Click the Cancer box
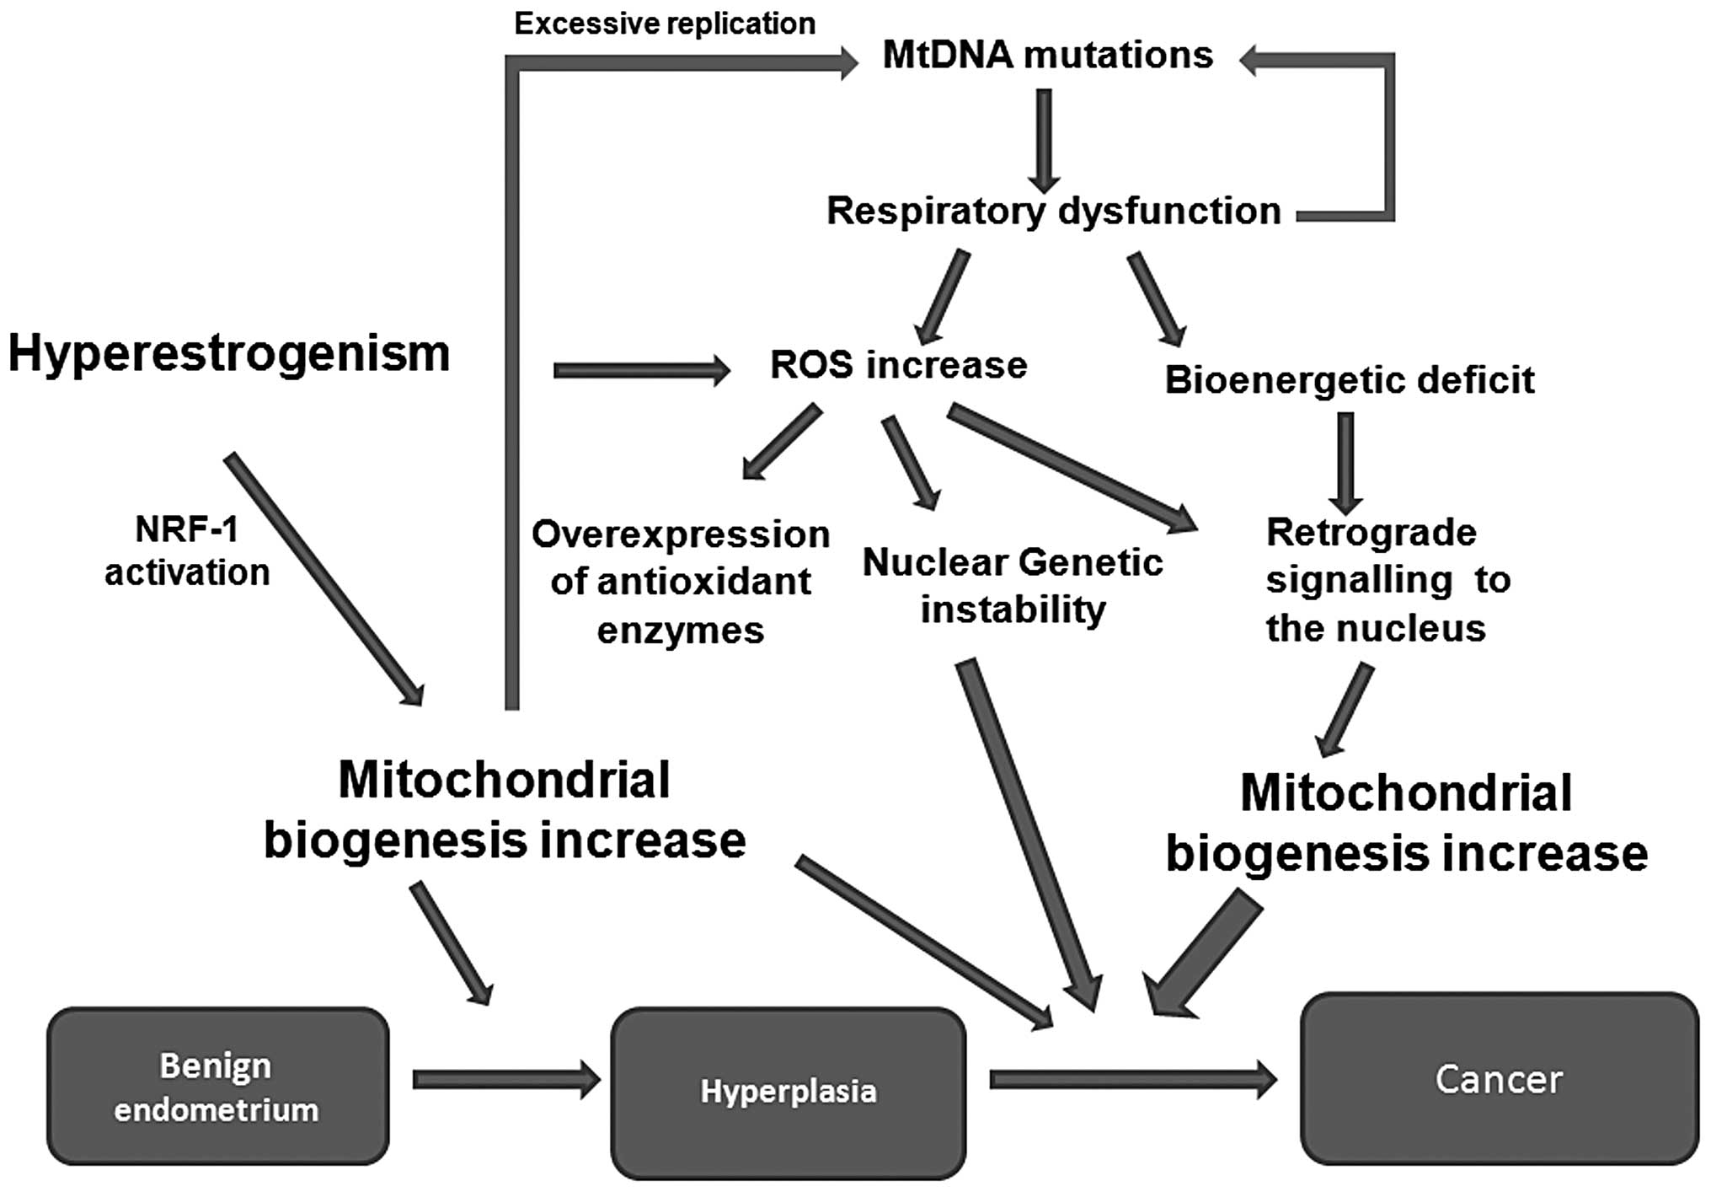click(x=1499, y=1080)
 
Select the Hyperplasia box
click(x=788, y=1092)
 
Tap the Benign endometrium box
click(x=217, y=1087)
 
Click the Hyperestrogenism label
click(x=229, y=353)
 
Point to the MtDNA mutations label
click(x=1047, y=56)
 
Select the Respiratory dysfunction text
click(x=1053, y=211)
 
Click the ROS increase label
click(x=898, y=365)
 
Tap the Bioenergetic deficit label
click(x=1349, y=380)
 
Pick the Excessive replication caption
click(x=665, y=24)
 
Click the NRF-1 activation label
click(x=187, y=551)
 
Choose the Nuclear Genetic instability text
click(x=1013, y=585)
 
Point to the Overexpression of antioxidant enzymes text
click(x=681, y=582)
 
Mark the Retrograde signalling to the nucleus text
click(x=1388, y=580)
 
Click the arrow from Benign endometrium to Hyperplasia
click(x=505, y=1080)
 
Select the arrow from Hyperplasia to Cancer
click(x=1132, y=1080)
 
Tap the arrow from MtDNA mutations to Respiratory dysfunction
click(x=1044, y=140)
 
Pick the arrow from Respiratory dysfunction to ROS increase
click(x=943, y=297)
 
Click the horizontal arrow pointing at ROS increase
click(x=641, y=370)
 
